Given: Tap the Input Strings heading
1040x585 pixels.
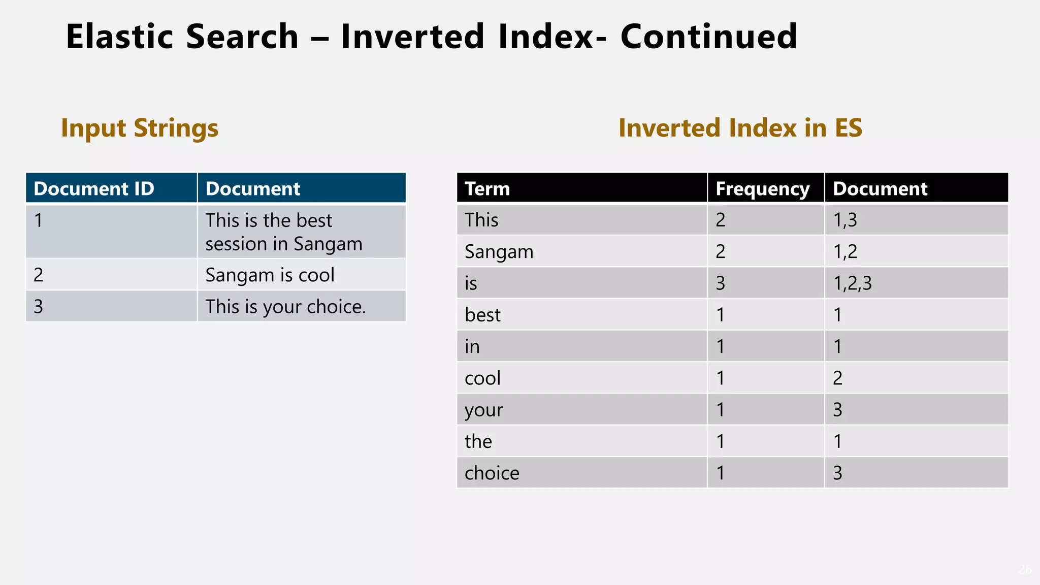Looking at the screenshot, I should [140, 128].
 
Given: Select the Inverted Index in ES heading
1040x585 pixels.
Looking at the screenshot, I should [740, 128].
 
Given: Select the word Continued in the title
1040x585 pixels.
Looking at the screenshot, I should [708, 37].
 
